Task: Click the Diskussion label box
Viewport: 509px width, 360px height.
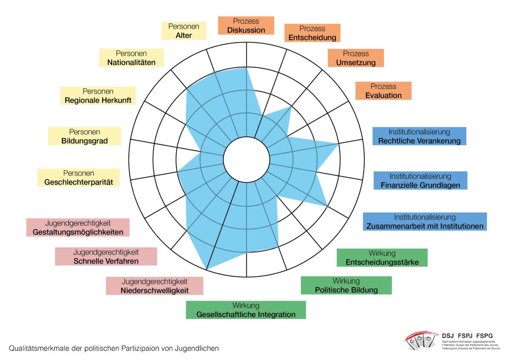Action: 246,25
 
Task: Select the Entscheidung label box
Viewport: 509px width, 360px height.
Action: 312,33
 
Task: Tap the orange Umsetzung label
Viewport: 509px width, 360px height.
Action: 356,58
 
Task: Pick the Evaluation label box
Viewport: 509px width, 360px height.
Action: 383,91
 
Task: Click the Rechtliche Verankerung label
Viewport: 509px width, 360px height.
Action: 419,136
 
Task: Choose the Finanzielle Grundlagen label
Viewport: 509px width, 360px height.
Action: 420,180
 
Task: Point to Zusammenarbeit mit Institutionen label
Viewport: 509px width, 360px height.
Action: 425,222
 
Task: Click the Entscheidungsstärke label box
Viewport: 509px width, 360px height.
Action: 382,258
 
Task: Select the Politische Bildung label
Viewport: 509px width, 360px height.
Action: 346,285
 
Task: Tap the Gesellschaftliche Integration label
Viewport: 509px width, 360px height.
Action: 246,310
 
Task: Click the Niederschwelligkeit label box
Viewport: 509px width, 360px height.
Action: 154,286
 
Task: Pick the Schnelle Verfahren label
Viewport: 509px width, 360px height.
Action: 106,256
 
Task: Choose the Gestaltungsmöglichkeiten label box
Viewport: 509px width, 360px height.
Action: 78,227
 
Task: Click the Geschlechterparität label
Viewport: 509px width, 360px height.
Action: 78,177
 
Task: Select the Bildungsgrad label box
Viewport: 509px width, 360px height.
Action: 84,136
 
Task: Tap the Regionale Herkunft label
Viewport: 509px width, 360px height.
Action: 98,96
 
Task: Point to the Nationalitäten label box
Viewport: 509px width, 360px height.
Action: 131,58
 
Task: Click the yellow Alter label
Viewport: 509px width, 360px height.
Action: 184,31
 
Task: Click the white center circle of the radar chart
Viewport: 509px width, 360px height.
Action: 246,159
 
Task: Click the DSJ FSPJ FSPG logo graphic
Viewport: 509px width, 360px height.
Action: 421,340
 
